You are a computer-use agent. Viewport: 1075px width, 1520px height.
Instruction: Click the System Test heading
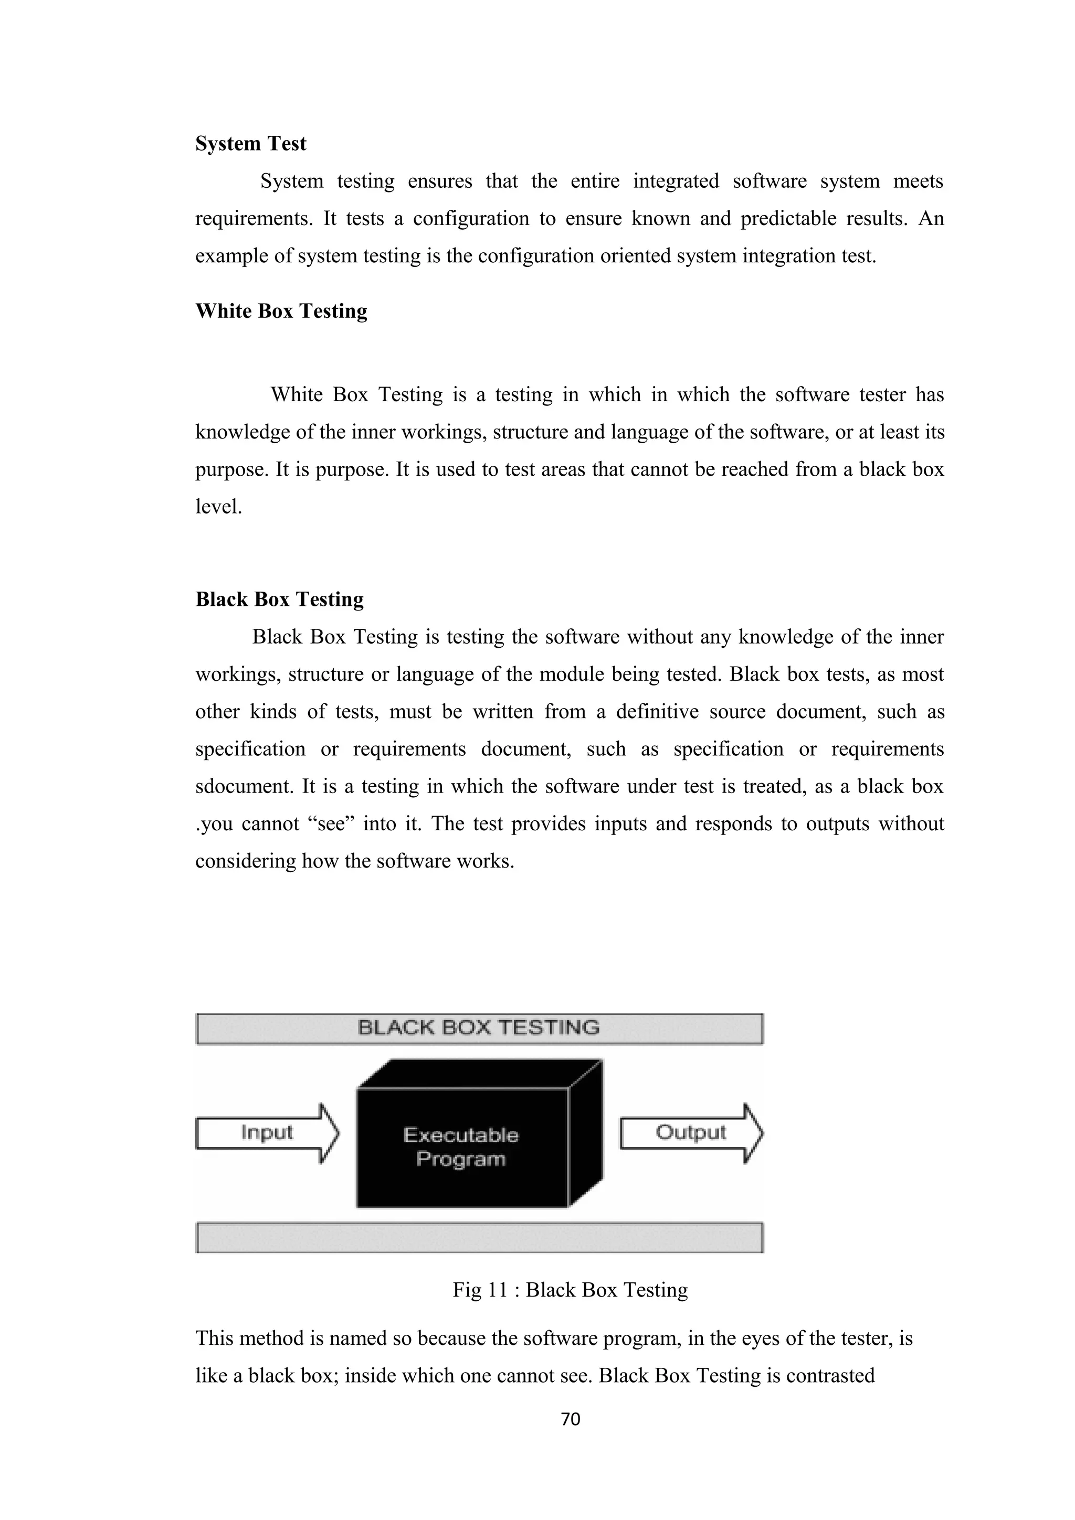[250, 144]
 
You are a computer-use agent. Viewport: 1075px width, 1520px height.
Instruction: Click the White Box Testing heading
[281, 311]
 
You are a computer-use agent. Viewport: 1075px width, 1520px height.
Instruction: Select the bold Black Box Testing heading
[280, 599]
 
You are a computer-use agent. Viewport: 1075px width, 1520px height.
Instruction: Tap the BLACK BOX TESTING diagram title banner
[479, 1028]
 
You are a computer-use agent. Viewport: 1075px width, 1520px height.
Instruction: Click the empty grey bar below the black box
[479, 1237]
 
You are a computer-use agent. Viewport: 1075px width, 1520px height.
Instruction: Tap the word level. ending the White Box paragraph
[218, 507]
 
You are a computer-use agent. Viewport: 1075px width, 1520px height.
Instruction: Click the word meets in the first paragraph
[918, 181]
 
